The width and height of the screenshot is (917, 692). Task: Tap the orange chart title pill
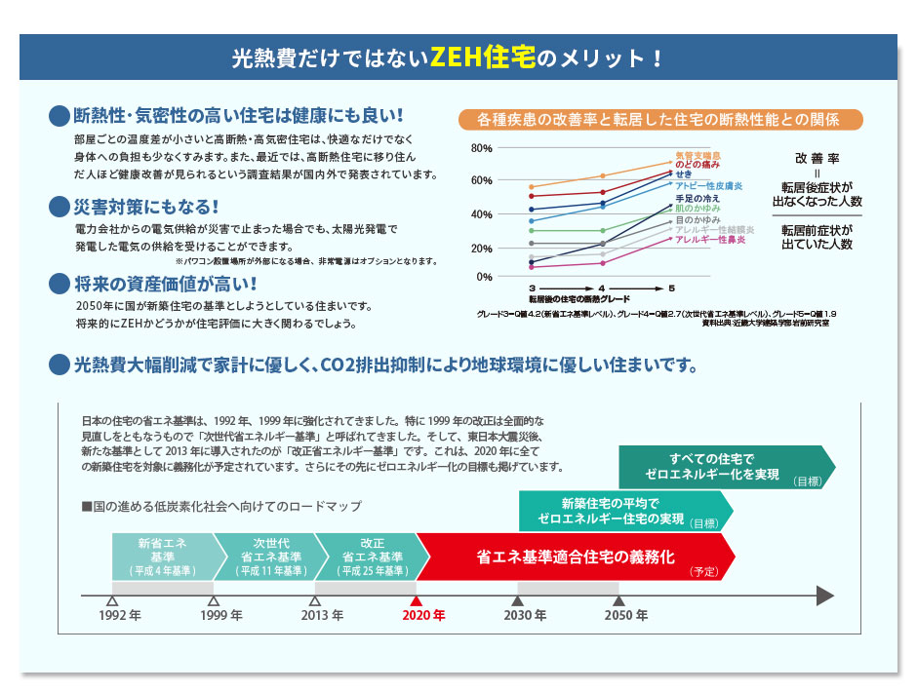[x=659, y=120]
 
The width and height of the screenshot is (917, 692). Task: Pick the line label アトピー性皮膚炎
[x=709, y=184]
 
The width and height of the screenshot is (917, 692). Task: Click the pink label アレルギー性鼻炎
[x=709, y=239]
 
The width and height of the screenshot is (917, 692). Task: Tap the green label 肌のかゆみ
[x=698, y=209]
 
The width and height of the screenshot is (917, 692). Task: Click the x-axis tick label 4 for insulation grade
[x=602, y=288]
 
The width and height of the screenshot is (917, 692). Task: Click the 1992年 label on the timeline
[x=120, y=616]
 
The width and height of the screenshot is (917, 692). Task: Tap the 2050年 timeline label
[x=625, y=616]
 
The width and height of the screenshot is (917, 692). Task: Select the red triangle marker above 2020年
[x=417, y=601]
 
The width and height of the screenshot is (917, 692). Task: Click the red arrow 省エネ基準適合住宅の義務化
[x=576, y=557]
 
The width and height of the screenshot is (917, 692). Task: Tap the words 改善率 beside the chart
[x=817, y=157]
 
